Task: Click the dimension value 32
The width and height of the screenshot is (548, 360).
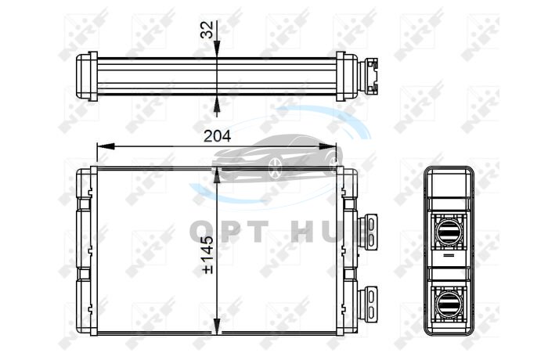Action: coord(207,30)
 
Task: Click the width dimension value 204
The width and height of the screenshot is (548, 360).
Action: coord(217,136)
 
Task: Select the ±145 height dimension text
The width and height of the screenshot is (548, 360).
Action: coord(207,254)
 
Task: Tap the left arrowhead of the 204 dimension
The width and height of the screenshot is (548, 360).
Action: coord(106,146)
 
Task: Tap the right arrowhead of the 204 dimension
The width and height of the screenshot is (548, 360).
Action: coord(327,146)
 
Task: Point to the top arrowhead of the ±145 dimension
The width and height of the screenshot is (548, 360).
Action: coord(217,175)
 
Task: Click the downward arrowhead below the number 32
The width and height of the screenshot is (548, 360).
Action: coord(217,49)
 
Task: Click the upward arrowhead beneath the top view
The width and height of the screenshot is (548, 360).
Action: coord(217,104)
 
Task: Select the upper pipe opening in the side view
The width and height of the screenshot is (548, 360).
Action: coord(449,231)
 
